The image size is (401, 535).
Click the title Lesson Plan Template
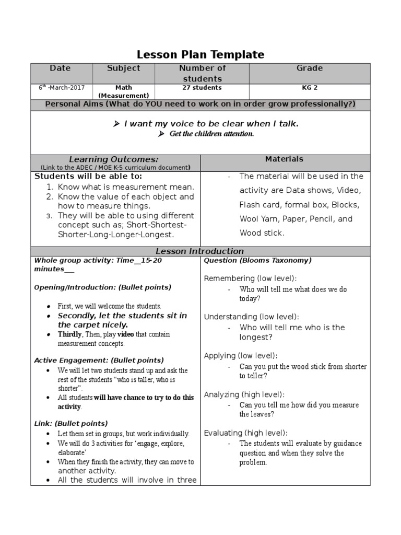click(x=200, y=54)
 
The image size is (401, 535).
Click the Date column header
click(x=60, y=68)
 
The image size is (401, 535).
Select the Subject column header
click(x=123, y=68)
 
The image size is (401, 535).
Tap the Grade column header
click(x=309, y=68)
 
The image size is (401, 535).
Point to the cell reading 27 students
click(x=202, y=88)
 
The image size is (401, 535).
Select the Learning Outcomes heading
click(x=114, y=159)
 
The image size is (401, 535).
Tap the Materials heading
click(x=284, y=159)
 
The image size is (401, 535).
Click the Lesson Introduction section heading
click(x=200, y=251)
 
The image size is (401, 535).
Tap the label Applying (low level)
click(x=241, y=355)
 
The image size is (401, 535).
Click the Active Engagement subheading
click(x=99, y=360)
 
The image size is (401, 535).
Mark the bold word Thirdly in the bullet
click(x=69, y=334)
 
